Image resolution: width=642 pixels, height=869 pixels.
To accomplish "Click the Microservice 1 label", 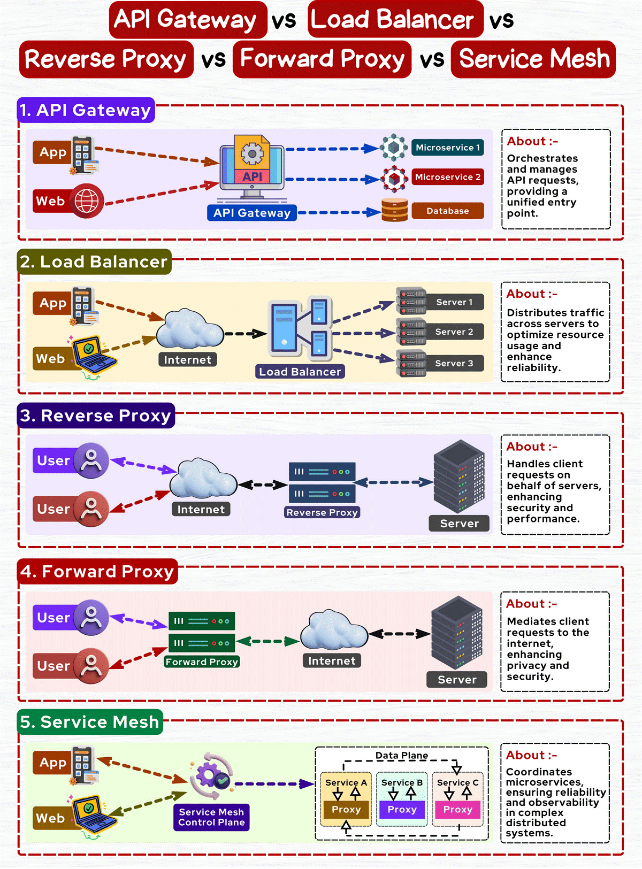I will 448,148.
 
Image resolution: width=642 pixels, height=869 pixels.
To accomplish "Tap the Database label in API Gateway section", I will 448,211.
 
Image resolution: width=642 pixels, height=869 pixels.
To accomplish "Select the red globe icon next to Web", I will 87,201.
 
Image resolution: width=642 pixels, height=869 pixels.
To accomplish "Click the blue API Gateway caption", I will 251,213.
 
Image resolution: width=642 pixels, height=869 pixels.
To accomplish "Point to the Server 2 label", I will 454,332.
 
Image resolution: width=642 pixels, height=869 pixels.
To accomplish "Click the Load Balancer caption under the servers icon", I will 300,372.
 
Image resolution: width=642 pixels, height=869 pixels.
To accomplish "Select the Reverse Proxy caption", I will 322,512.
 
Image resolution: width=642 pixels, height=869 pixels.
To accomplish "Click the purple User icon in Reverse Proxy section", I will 91,460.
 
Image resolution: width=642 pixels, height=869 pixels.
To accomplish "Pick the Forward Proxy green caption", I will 202,662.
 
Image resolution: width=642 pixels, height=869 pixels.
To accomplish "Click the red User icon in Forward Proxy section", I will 91,666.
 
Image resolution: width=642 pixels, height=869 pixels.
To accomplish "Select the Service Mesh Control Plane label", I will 211,817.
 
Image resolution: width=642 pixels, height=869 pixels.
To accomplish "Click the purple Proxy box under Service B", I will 402,810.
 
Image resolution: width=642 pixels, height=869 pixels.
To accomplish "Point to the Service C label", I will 457,782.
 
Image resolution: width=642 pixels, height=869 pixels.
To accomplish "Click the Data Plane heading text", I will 401,755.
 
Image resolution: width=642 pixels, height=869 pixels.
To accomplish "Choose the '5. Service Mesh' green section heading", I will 89,722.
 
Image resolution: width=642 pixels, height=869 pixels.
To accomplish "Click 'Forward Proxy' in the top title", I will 322,59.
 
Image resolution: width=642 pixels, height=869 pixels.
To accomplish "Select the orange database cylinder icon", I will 395,210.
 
